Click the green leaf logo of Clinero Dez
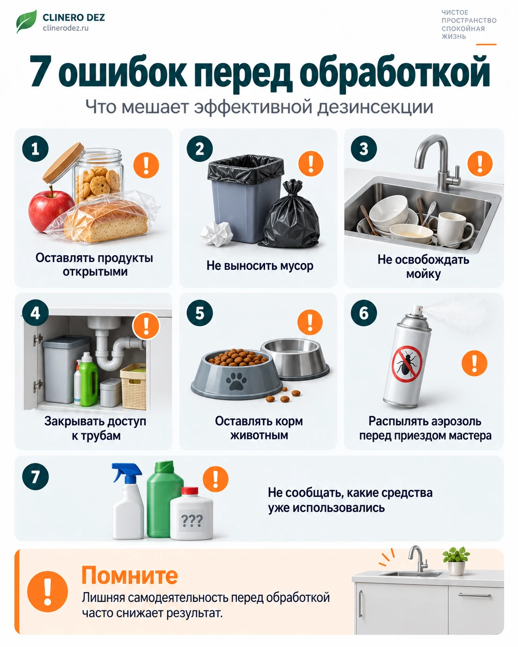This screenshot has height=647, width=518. coord(26,21)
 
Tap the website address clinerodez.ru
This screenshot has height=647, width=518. coord(66,28)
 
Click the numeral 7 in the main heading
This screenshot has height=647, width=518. coord(40,71)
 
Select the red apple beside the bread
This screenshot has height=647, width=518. coord(50,210)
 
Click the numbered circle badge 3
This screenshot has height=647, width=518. coord(364,149)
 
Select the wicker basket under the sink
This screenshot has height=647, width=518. coord(133,386)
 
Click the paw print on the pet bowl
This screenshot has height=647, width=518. coord(236,381)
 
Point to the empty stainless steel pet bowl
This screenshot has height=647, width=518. coord(295,359)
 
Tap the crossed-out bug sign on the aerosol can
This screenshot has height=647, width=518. coord(407,364)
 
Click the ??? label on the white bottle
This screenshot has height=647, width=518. coord(192,521)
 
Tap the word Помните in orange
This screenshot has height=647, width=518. coord(130,575)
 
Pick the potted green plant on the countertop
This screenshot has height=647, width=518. coord(456,561)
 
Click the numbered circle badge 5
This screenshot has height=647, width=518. coord(199,313)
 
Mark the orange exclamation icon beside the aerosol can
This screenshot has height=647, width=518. coord(475,363)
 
